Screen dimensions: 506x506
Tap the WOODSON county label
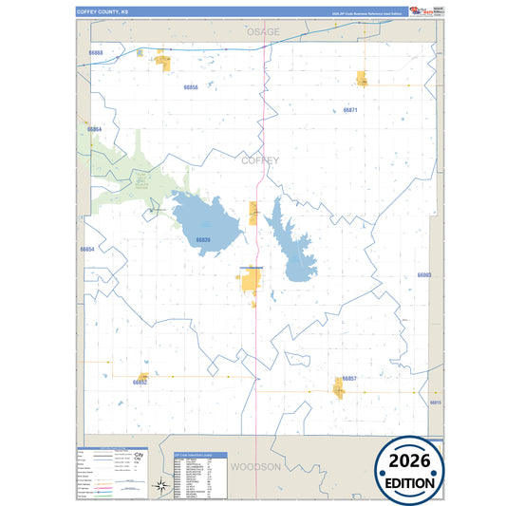coord(255,468)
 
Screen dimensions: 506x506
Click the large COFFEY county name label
coord(260,160)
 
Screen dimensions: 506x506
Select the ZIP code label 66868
coord(95,53)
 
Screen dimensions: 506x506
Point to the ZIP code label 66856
coord(191,87)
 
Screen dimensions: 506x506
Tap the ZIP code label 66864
coord(93,129)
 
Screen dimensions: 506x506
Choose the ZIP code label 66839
coord(203,240)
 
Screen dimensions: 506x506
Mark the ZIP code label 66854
coord(87,249)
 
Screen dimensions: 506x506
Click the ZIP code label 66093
coord(424,275)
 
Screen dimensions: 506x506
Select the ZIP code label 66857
coord(349,378)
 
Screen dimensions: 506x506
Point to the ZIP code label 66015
coord(436,403)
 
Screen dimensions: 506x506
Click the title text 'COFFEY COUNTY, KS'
coord(103,11)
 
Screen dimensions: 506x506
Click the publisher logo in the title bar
coord(422,11)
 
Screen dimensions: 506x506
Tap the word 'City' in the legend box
coord(141,456)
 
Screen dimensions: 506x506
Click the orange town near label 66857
coord(338,387)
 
